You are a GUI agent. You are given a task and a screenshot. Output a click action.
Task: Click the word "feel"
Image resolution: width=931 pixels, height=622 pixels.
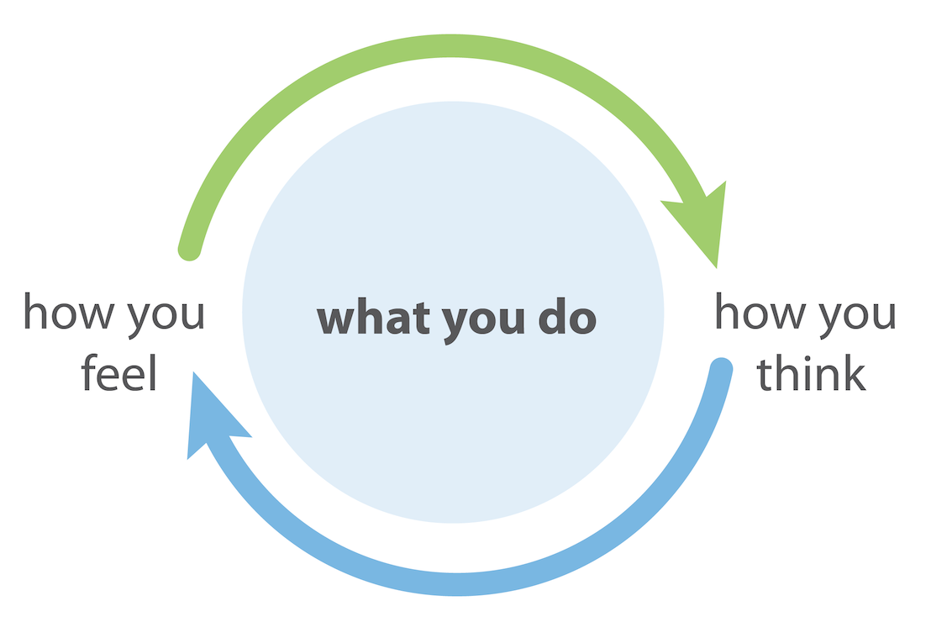pyautogui.click(x=118, y=372)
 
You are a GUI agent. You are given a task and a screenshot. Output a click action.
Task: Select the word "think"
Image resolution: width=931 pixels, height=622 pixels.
pyautogui.click(x=811, y=372)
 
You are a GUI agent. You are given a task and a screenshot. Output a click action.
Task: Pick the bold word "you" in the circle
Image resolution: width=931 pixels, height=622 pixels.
pyautogui.click(x=483, y=324)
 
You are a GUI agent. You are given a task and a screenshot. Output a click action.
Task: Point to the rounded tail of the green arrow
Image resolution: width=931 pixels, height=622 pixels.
pyautogui.click(x=189, y=250)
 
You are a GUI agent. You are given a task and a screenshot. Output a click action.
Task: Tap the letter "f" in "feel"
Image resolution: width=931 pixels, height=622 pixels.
pyautogui.click(x=88, y=372)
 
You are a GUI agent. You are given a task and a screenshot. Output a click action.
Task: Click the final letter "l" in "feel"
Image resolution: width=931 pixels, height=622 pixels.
pyautogui.click(x=153, y=372)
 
